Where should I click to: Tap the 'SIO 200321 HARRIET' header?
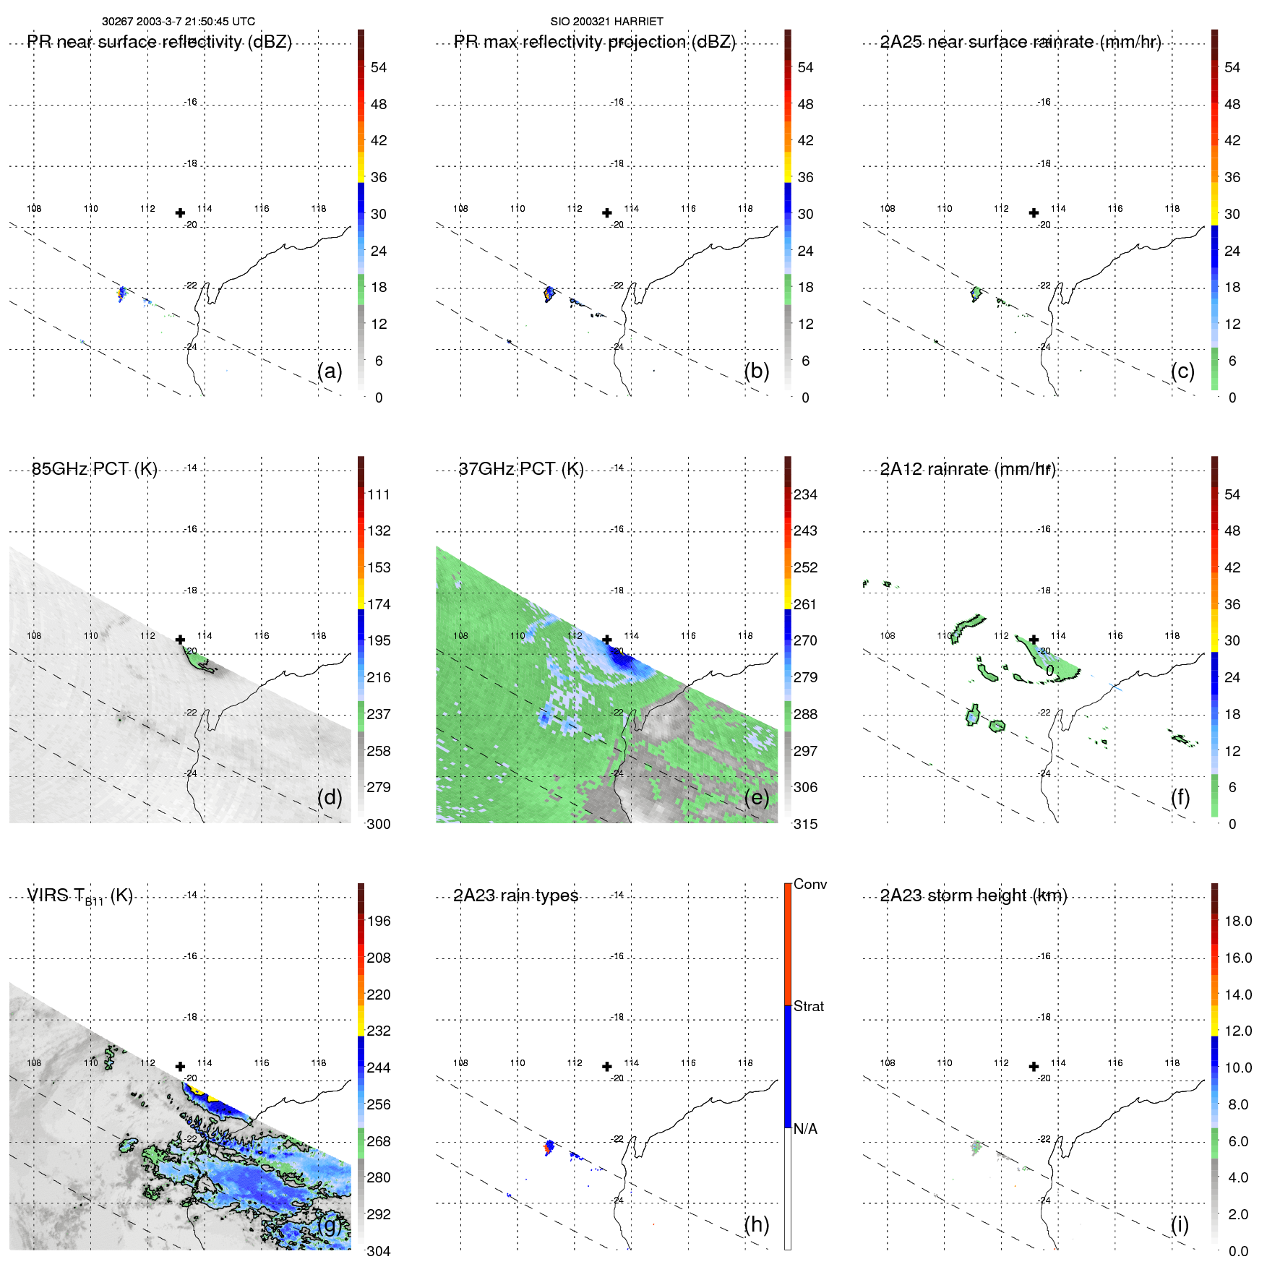click(606, 22)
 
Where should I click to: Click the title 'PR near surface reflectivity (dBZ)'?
click(159, 42)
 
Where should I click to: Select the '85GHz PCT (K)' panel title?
click(94, 469)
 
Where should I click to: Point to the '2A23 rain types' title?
click(515, 895)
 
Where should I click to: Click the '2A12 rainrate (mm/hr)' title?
click(968, 469)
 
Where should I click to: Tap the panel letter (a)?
click(330, 371)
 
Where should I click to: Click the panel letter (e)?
click(757, 797)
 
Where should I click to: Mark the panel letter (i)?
click(1180, 1224)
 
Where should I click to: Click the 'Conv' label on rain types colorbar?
click(809, 884)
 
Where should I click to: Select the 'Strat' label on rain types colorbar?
click(808, 1006)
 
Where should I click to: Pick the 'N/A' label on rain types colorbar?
click(805, 1129)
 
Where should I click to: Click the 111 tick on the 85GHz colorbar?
click(378, 494)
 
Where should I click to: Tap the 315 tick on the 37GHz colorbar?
click(805, 824)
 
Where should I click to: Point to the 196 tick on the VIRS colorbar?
click(378, 921)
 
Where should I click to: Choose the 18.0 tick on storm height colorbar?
click(1237, 921)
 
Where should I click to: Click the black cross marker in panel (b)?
click(607, 212)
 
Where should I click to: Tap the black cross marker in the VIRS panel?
click(180, 1066)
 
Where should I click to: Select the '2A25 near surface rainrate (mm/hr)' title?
click(1021, 42)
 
